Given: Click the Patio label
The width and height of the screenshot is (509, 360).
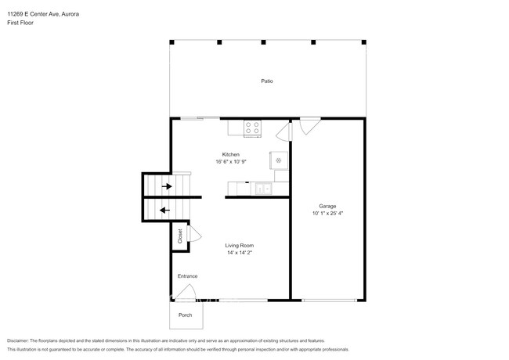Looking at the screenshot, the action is [267, 81].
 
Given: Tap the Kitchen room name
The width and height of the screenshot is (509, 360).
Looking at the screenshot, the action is [231, 154].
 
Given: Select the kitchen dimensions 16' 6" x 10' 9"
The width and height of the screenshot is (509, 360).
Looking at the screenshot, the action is [231, 161].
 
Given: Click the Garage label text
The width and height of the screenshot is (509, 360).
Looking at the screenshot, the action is [327, 206].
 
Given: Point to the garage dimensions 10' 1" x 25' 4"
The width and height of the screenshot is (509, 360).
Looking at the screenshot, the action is [327, 213].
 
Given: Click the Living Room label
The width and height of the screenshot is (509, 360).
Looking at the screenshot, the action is [240, 246].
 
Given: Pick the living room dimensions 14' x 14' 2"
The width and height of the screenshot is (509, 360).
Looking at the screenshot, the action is [240, 253].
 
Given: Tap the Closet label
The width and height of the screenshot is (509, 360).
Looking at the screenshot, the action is [180, 236].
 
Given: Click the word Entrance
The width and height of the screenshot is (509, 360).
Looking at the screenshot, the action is [188, 276].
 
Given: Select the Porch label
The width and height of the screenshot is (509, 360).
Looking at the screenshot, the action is [185, 315].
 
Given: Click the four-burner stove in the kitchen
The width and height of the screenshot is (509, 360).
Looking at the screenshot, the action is [253, 128].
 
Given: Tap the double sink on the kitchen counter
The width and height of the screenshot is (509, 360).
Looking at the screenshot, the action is [264, 188].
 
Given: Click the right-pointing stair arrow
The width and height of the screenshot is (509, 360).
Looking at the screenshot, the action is [167, 186].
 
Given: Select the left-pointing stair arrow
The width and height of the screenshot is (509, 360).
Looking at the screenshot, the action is [165, 211].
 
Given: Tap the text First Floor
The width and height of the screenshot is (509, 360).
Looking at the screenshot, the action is [20, 23].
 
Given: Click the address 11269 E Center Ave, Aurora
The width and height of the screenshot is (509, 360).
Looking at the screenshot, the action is [43, 14].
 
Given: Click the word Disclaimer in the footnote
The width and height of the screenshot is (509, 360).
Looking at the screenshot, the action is [18, 340].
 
